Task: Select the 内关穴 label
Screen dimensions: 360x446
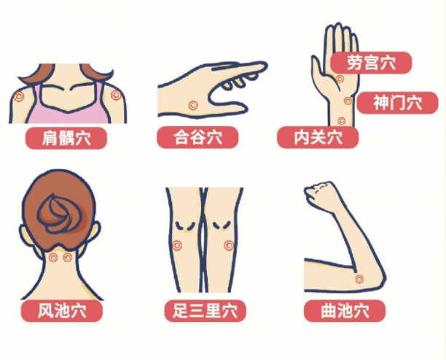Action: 318,137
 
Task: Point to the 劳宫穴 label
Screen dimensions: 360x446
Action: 371,63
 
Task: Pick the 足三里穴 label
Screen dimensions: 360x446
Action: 205,311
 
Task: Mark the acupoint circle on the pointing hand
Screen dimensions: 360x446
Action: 192,105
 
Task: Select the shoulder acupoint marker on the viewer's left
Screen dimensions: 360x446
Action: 20,95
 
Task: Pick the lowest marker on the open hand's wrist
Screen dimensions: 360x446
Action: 341,120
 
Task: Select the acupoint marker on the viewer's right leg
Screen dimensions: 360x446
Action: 229,245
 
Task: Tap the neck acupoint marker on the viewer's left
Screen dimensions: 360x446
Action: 53,257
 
